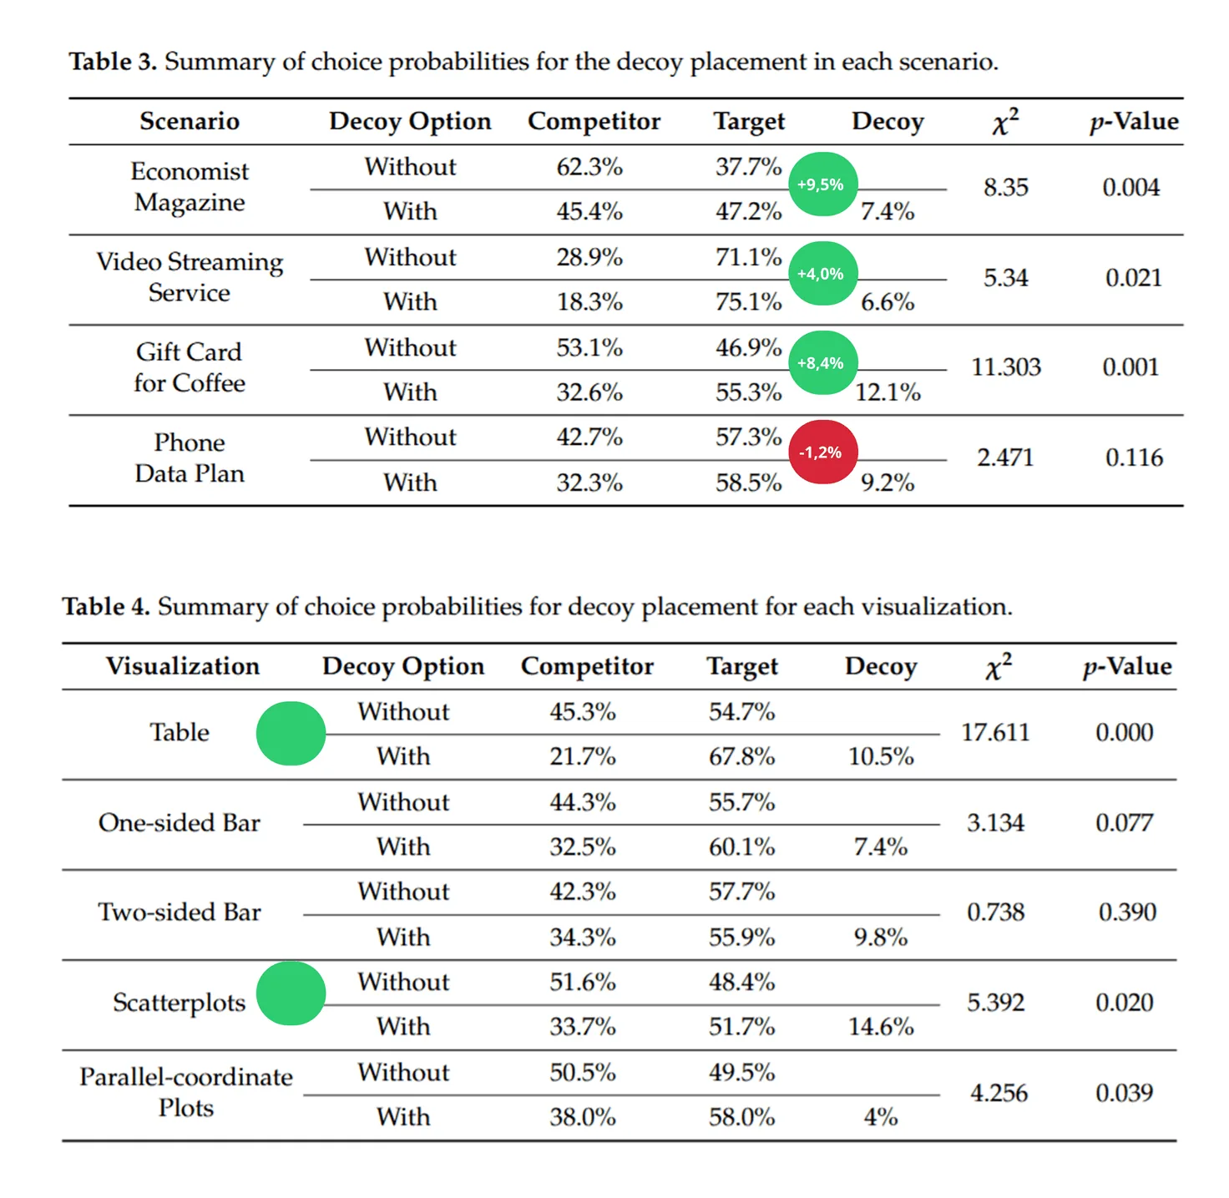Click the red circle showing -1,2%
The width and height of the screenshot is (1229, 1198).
coord(822,452)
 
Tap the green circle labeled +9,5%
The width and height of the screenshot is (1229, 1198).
coord(822,184)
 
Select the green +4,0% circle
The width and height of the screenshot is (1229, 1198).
coord(822,274)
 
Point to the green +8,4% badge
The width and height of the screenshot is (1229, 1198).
coord(822,362)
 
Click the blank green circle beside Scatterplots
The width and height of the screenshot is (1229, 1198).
coord(291,993)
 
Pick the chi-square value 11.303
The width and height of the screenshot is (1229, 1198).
coord(1005,367)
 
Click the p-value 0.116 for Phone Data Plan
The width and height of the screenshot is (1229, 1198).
coord(1133,457)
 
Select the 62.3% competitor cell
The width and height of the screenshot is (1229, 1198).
coord(589,167)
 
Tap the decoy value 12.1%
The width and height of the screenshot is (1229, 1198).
coord(887,392)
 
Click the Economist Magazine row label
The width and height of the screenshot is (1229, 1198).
coord(190,186)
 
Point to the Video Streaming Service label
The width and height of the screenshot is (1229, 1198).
coord(190,276)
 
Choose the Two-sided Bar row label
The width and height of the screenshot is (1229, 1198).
coord(180,912)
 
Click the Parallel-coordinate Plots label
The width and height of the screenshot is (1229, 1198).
coord(185,1091)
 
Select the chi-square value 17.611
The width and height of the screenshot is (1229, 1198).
coord(994,732)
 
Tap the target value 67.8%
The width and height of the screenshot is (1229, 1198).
coord(741,756)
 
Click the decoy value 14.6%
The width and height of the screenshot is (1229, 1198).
coord(880,1026)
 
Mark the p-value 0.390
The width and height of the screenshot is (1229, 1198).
coord(1126,912)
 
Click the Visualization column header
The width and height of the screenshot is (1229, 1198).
coord(183,665)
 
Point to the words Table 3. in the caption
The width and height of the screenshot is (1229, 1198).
coord(113,61)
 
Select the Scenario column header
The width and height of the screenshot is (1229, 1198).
coord(190,120)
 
